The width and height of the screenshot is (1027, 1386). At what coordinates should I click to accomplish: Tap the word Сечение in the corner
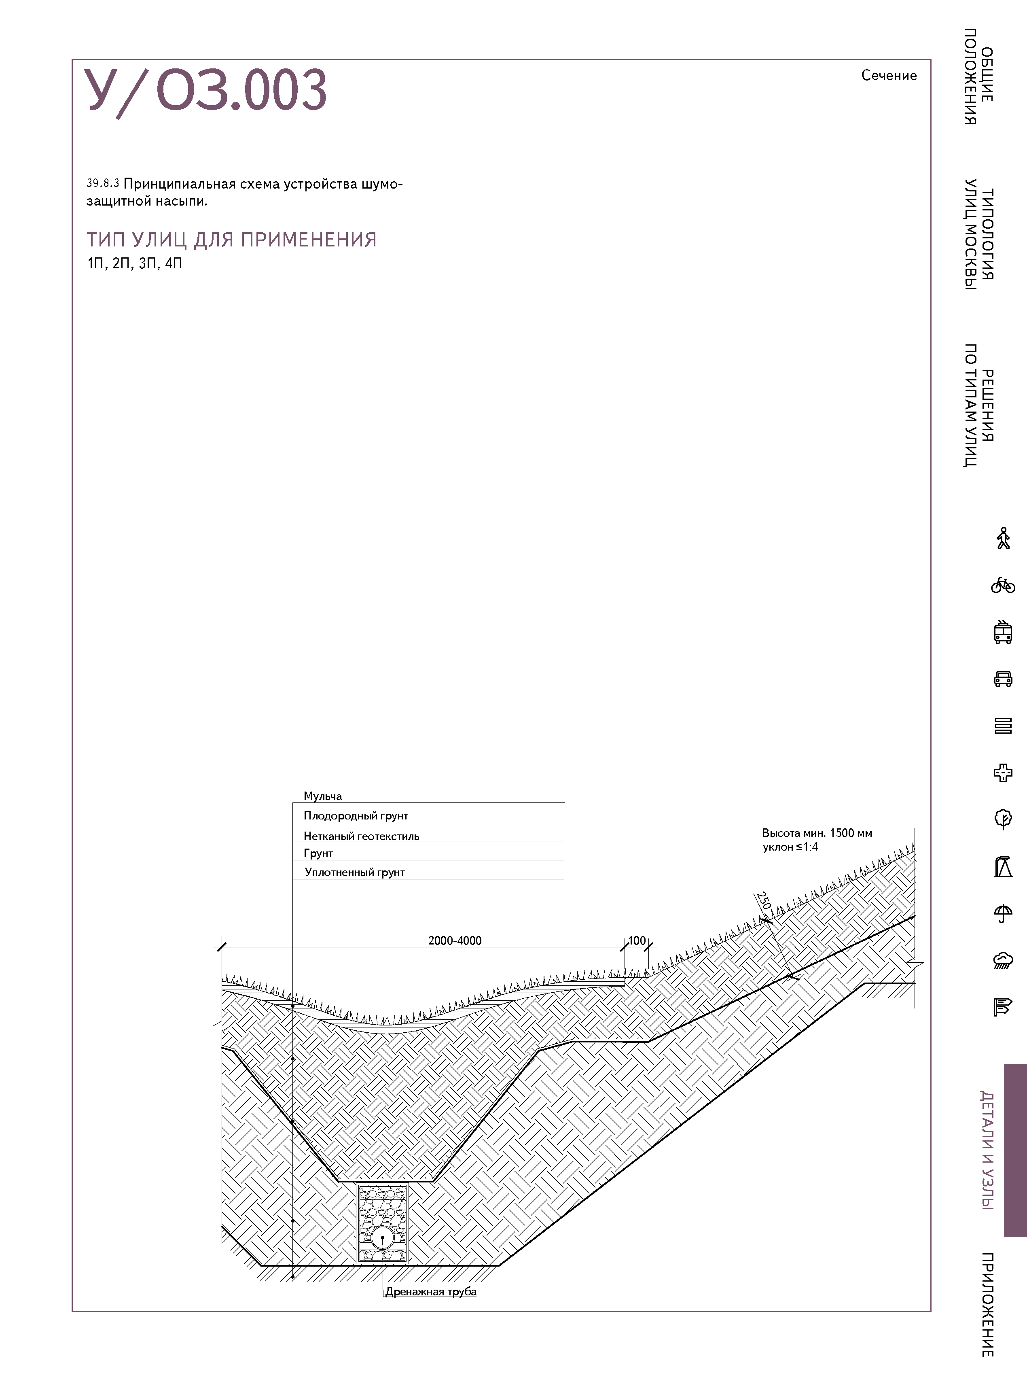click(x=888, y=75)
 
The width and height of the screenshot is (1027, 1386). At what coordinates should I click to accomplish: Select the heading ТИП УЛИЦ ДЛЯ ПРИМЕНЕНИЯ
click(x=231, y=240)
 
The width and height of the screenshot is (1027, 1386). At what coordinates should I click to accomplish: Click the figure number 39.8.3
click(x=103, y=183)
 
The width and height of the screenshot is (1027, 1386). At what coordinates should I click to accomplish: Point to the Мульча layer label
click(x=323, y=796)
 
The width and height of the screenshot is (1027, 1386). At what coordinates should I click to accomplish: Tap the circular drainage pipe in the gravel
click(x=382, y=1237)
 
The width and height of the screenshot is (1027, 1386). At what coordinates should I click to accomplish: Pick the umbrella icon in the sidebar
click(x=1002, y=913)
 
